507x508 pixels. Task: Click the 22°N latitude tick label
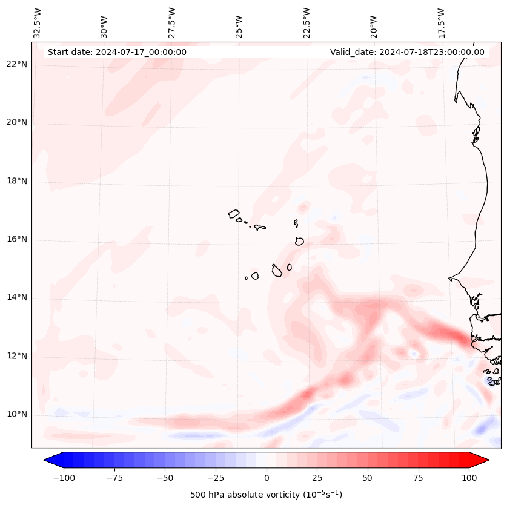coord(18,65)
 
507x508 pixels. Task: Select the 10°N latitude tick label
coord(18,415)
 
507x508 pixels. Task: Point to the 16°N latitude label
coord(18,240)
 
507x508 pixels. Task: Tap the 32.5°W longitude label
coord(38,22)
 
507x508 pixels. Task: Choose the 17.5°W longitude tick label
coord(441,22)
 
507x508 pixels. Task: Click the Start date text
coord(117,52)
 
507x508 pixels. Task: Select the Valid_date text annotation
coord(407,52)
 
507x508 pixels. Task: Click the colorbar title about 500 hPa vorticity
coord(266,495)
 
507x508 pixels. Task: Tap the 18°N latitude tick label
coord(18,182)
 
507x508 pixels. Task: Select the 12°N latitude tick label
coord(18,357)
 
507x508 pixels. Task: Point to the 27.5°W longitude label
coord(172,22)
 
